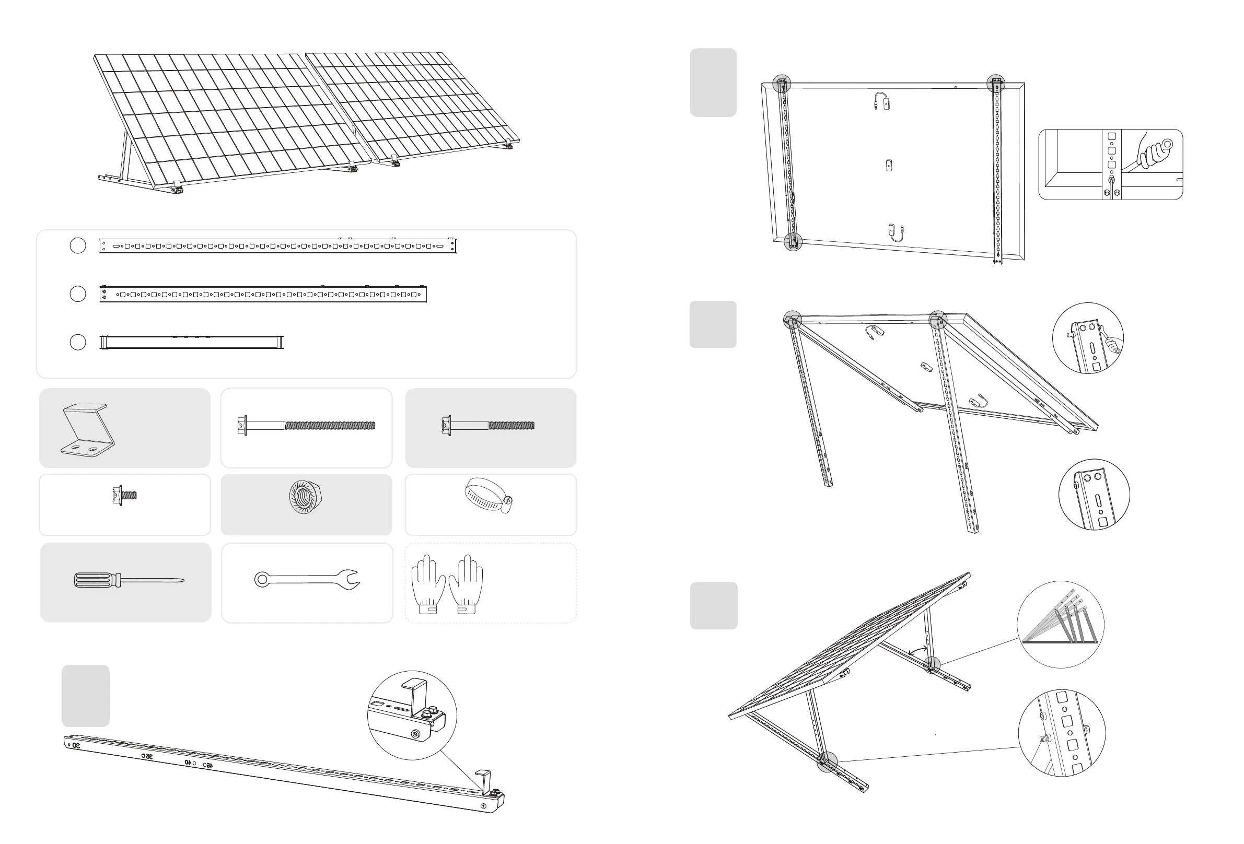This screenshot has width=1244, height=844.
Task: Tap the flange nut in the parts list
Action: click(x=305, y=497)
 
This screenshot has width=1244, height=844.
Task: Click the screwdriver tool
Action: click(x=128, y=580)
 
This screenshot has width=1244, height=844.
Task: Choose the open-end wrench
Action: click(x=307, y=579)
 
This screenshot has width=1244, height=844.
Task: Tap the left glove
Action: click(x=428, y=584)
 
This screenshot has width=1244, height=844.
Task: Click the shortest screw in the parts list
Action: click(x=124, y=495)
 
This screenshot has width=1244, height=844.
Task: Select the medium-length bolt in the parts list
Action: click(x=487, y=426)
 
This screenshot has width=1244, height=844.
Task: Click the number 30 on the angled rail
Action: click(x=76, y=745)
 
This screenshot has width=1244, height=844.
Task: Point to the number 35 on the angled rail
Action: click(x=147, y=756)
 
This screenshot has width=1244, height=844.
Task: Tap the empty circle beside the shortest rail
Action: click(x=78, y=342)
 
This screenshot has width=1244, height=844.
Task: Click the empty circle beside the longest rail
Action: click(x=78, y=245)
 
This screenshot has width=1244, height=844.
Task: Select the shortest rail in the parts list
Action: click(x=192, y=342)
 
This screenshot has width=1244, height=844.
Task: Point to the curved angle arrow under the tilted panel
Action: click(x=919, y=650)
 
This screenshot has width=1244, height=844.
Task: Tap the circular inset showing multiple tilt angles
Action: click(x=1060, y=624)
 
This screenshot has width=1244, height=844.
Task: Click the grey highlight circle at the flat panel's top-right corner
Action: click(x=995, y=83)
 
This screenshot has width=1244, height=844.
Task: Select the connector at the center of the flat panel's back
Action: click(x=889, y=166)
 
